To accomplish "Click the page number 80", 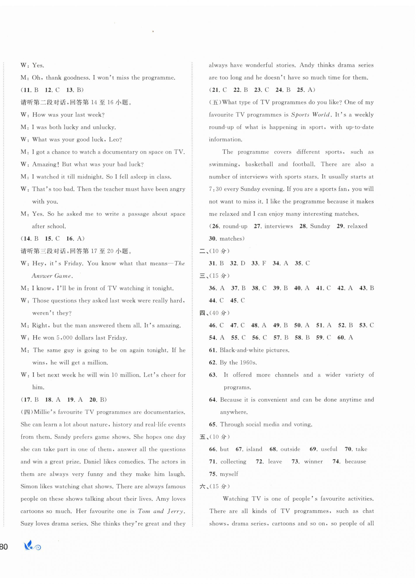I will click(4, 547).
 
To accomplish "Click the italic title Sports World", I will click(311, 115).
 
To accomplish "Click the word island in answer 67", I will click(254, 449).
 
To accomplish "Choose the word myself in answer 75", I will click(229, 474).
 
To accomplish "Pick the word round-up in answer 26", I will click(235, 226).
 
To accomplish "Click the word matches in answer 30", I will click(231, 239).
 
